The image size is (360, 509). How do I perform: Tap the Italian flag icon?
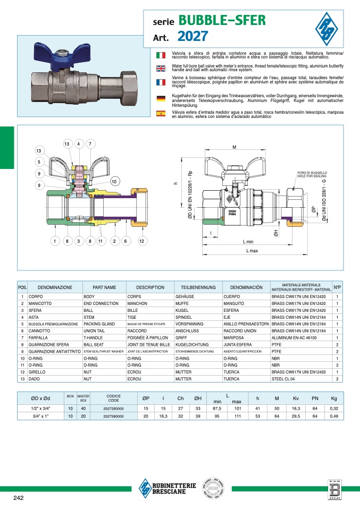click(160, 55)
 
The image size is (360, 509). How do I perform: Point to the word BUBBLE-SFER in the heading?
click(222, 21)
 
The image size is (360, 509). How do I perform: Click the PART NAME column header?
click(104, 287)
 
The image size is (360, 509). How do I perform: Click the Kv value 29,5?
click(296, 417)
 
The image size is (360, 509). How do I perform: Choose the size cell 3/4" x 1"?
click(40, 417)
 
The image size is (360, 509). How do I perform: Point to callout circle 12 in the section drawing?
click(141, 241)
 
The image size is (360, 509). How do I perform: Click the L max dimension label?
click(252, 251)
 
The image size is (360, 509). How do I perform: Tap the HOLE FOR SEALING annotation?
click(313, 175)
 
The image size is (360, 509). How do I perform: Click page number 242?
click(19, 497)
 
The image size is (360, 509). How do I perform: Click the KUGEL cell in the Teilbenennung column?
click(182, 310)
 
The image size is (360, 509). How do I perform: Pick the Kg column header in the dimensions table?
click(333, 397)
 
